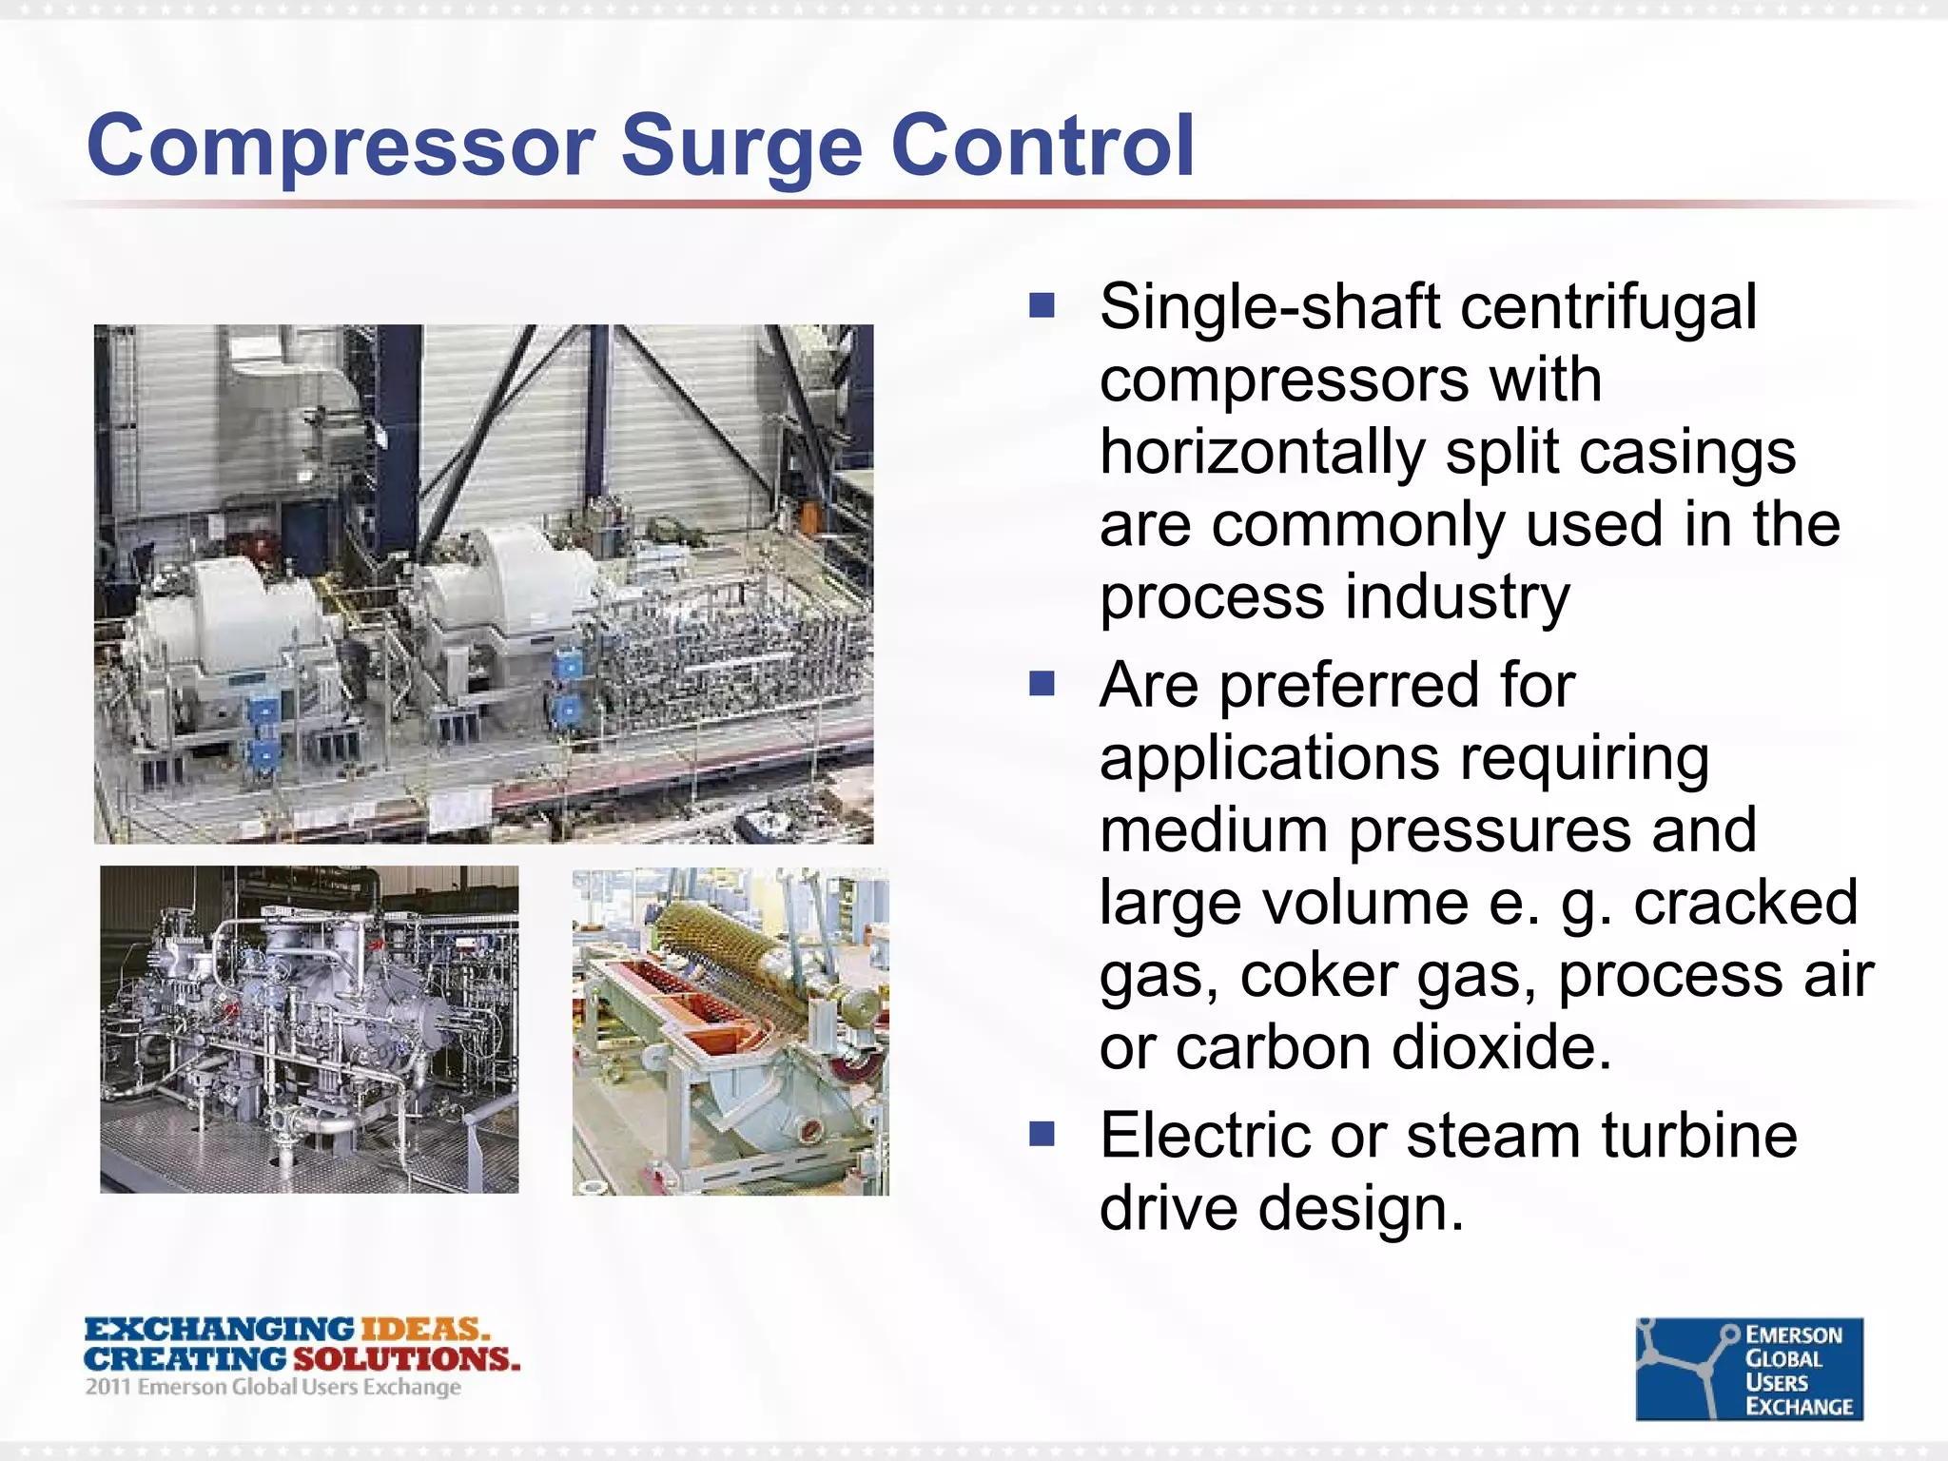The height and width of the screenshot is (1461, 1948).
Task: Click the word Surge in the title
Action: click(x=741, y=147)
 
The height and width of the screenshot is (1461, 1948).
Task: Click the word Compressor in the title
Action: click(x=341, y=147)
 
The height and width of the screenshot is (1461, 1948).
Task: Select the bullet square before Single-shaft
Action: click(x=1042, y=305)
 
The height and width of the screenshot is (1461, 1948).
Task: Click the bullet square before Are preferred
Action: click(x=1042, y=684)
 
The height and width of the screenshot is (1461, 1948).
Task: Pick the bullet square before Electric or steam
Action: click(x=1042, y=1134)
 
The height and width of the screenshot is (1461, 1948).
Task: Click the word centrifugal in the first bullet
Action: click(x=1607, y=309)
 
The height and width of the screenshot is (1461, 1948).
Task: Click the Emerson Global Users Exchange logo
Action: click(x=1748, y=1369)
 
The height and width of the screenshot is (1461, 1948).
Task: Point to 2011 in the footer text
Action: click(x=107, y=1387)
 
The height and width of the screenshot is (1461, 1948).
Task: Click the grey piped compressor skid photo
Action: click(x=309, y=1029)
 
